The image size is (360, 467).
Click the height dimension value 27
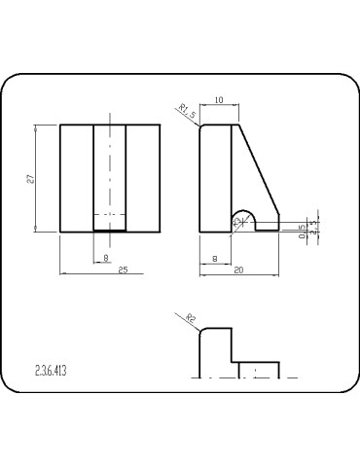point(31,178)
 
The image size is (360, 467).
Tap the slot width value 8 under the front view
point(105,258)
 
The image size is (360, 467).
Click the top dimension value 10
point(219,100)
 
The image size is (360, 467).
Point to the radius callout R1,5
point(188,113)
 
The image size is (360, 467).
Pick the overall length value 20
point(239,270)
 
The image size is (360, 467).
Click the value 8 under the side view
point(214,258)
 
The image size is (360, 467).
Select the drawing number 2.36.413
point(50,371)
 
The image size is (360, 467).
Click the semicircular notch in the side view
point(242,220)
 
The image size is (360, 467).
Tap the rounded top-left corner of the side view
point(202,126)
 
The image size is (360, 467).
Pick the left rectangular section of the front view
point(76,178)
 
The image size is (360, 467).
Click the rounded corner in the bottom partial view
point(201,332)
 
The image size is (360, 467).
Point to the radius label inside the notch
point(236,223)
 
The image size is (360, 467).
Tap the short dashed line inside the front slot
point(109,212)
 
